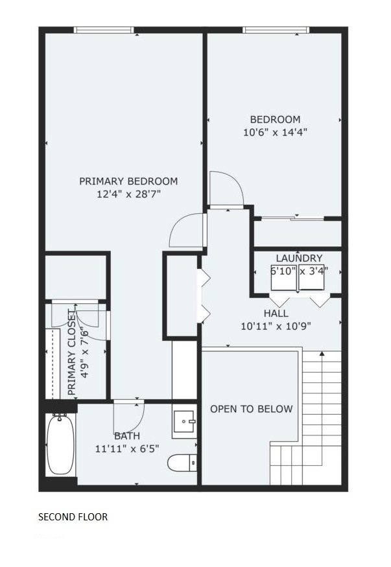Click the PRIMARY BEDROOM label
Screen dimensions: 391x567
128,181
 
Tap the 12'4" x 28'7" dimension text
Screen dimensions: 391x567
128,194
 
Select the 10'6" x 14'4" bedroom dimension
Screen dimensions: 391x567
275,132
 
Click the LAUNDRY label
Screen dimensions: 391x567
299,258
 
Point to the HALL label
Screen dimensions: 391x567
276,313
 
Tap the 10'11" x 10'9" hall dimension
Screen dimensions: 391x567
276,327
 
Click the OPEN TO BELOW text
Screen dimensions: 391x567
252,409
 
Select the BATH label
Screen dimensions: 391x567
127,436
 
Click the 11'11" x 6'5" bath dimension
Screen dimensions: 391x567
127,449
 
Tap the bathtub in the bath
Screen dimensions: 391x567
60,445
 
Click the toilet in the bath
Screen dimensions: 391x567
182,463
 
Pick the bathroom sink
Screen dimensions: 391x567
184,421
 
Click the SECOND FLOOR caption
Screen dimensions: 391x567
73,516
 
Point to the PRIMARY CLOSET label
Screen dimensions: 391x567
72,353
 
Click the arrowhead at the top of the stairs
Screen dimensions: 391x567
322,354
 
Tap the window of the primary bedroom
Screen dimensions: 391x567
104,30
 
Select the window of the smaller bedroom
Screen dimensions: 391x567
276,30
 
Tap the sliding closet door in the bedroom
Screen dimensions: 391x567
292,218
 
